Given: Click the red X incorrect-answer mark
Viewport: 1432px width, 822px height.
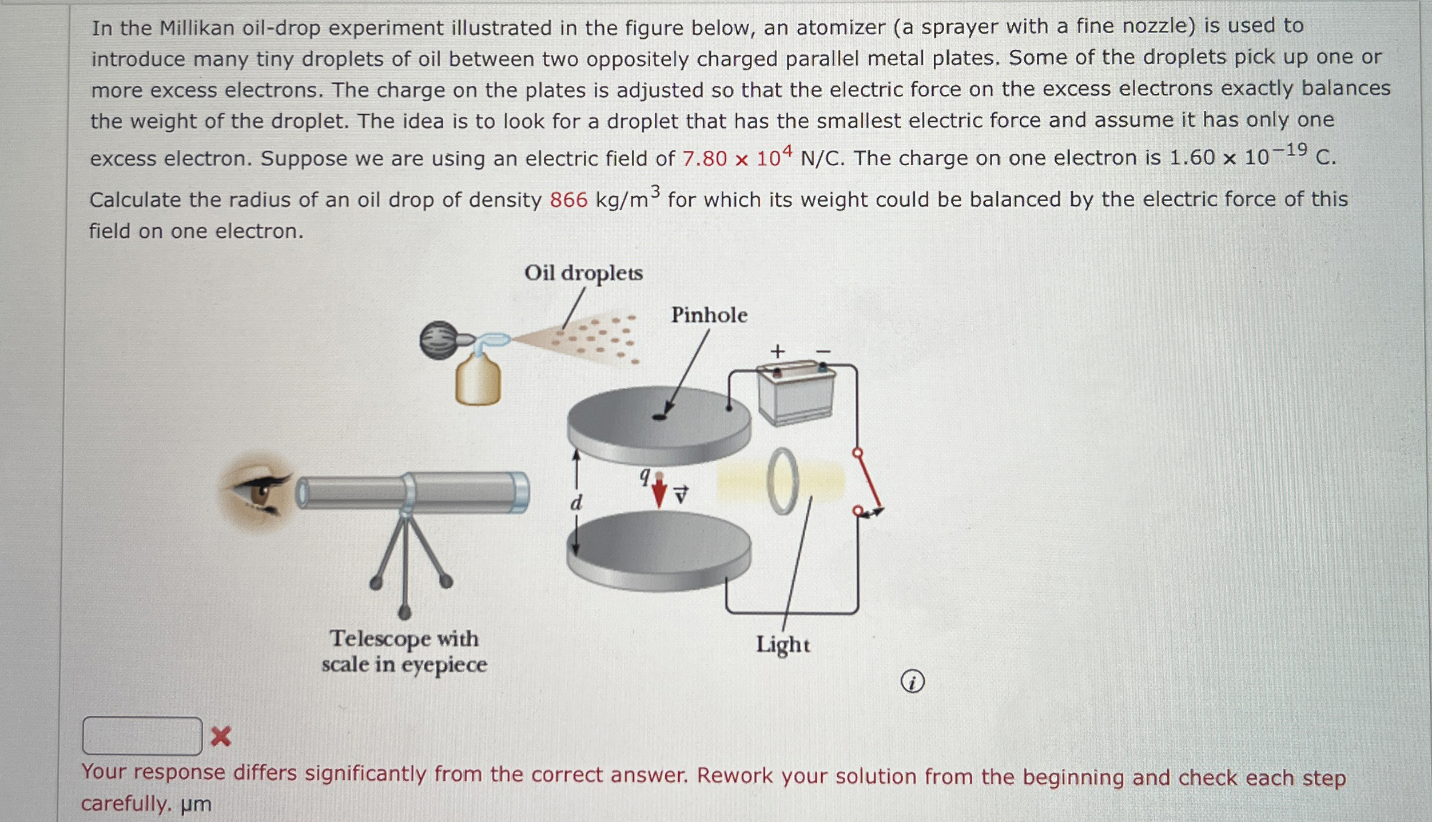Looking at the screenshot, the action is click(x=221, y=736).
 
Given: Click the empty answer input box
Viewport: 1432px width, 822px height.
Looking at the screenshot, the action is click(x=142, y=736).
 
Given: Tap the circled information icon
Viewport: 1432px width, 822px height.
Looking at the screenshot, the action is click(x=912, y=682).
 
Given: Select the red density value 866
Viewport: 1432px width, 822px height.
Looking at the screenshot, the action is click(x=568, y=200).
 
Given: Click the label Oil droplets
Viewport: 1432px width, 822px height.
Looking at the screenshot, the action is click(x=583, y=273).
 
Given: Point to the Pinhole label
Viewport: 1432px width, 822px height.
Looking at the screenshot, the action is click(x=709, y=315).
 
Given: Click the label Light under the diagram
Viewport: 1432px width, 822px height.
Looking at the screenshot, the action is click(x=783, y=645).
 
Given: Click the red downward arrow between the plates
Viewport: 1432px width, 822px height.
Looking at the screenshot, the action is click(x=659, y=491).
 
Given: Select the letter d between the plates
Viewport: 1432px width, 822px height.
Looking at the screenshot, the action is click(x=576, y=503).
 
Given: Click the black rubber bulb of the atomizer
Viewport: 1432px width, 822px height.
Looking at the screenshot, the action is click(x=439, y=340).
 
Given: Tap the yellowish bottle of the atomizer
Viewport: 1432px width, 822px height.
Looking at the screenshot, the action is click(x=478, y=380).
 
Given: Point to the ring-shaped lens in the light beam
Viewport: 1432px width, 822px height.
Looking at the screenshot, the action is click(x=783, y=481).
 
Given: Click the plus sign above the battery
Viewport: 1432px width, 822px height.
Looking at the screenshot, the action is click(x=777, y=351).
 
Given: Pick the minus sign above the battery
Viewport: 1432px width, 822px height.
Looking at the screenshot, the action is click(x=823, y=352).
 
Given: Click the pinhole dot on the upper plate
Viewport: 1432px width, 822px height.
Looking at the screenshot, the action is click(x=659, y=417).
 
